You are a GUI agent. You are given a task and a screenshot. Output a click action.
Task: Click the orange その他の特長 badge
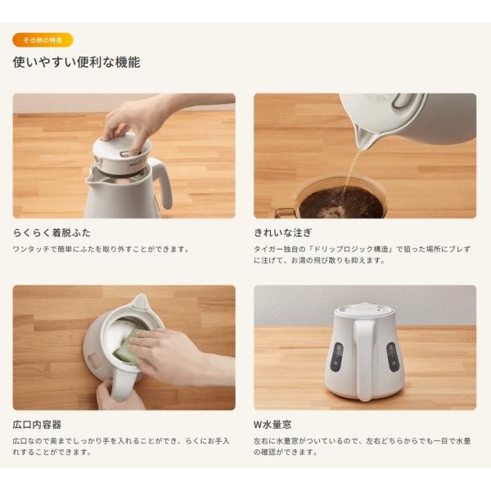(43, 40)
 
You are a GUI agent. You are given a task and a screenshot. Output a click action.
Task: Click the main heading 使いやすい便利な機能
(76, 62)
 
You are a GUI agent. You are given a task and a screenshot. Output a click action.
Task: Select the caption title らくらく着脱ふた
(52, 232)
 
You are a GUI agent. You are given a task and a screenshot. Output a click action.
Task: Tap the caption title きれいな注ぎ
(283, 232)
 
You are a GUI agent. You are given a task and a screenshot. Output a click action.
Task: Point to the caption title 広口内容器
(37, 425)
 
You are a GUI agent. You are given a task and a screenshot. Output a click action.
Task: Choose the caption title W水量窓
(273, 425)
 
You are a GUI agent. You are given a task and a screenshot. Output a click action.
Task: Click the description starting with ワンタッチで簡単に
(101, 250)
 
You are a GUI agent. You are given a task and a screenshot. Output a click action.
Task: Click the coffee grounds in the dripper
(341, 202)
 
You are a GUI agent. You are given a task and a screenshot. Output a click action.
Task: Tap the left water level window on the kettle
(336, 358)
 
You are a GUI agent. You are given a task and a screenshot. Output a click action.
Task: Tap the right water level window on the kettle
(392, 357)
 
